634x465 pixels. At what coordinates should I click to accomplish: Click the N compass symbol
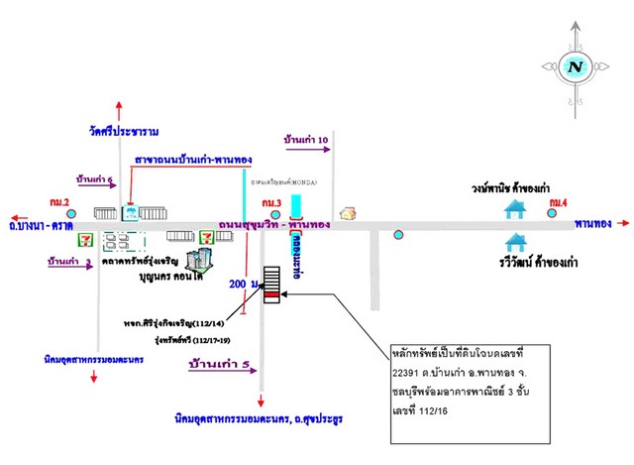point(574,66)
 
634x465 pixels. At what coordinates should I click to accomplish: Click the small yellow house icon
point(347,212)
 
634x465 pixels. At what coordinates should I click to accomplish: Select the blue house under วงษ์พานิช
point(515,209)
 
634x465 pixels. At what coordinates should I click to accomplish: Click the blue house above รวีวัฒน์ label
point(515,242)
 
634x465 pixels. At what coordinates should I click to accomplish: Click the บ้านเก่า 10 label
point(306,141)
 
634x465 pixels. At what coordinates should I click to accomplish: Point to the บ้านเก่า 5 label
point(220,365)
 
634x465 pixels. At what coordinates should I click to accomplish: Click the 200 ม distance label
point(242,284)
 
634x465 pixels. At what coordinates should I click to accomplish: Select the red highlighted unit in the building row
point(270,294)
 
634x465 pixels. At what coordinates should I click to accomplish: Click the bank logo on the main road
point(129,212)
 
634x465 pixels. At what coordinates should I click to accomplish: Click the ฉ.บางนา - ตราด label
point(39,226)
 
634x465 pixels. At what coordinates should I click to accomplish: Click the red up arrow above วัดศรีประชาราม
point(119,108)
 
